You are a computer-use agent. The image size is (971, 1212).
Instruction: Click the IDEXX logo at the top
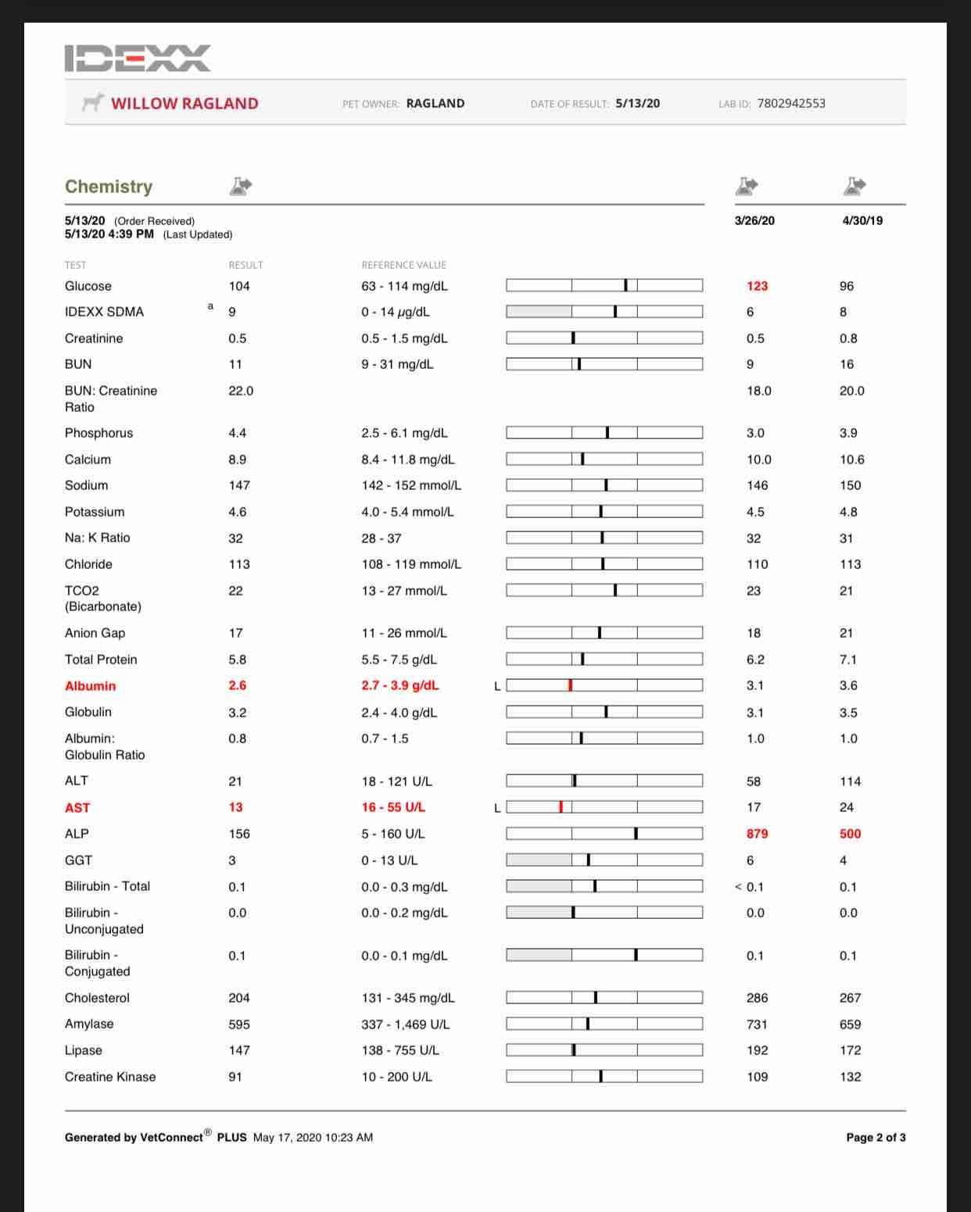[138, 59]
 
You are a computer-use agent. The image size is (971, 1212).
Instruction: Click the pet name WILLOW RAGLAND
[185, 103]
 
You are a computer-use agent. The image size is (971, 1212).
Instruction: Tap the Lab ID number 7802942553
[791, 103]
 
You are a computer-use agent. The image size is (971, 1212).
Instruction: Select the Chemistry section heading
[109, 186]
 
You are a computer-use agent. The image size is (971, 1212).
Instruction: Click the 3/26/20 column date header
[754, 220]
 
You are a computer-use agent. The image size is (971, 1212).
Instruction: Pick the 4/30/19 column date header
[862, 220]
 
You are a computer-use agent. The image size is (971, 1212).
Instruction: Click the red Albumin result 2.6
[238, 685]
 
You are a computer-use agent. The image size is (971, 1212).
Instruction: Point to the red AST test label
[77, 807]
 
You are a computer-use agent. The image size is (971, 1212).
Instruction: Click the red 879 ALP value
[757, 834]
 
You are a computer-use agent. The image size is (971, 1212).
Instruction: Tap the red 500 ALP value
[850, 834]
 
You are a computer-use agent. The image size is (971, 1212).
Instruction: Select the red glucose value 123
[757, 286]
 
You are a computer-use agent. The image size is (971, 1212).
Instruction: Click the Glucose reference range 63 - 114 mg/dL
[404, 286]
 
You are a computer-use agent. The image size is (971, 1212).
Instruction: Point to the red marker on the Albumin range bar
[571, 685]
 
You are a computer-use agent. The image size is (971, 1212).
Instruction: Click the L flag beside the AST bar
[497, 808]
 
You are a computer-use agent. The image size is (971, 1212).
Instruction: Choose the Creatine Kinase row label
[110, 1077]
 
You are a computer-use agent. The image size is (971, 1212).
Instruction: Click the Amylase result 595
[239, 1024]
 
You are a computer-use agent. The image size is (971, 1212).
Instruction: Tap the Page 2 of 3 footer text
[876, 1138]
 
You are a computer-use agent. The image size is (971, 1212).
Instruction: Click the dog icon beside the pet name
[93, 102]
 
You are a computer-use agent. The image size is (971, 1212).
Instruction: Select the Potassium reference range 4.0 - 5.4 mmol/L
[407, 512]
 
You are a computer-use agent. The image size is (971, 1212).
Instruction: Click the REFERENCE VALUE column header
[403, 265]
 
